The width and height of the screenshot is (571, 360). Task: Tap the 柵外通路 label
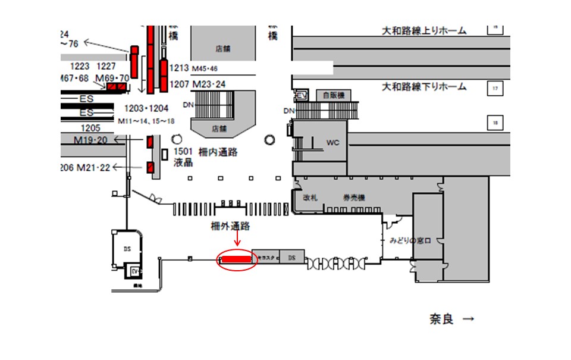coord(230,226)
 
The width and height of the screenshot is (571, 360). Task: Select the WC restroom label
coord(332,143)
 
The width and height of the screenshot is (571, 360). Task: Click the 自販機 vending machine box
coord(330,95)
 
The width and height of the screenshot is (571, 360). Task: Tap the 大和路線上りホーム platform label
coord(423,30)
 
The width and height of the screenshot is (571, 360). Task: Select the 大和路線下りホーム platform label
coord(423,87)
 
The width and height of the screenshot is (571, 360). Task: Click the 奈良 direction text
coord(441,320)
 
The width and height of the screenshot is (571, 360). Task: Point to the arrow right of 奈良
coord(469,320)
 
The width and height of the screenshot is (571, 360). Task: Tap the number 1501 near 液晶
coord(183,152)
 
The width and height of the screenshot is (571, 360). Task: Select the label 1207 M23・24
coord(197,84)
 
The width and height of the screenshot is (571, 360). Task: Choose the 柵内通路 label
coord(218,152)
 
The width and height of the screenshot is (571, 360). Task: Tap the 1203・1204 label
coord(146,108)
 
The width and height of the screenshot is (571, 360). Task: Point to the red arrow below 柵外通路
coord(237,239)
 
